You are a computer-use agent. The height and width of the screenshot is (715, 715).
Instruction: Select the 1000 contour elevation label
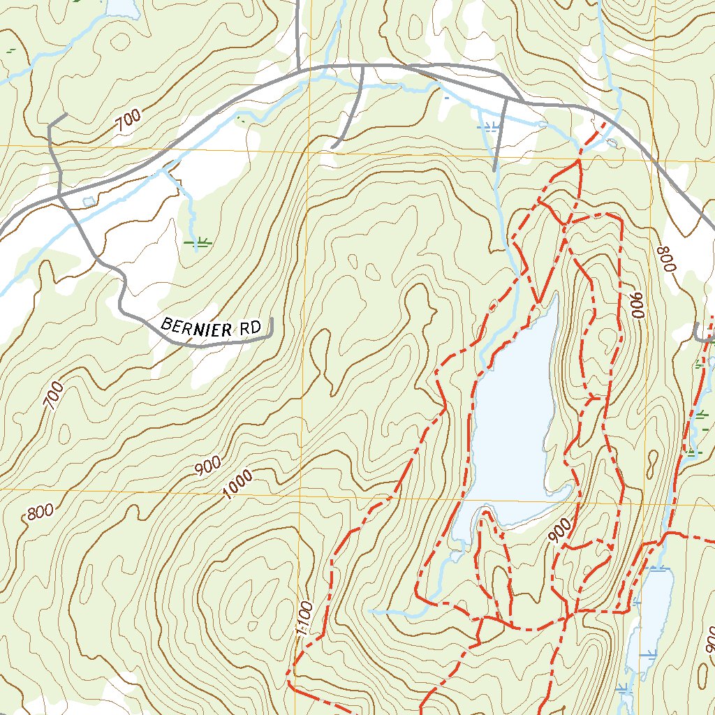237,485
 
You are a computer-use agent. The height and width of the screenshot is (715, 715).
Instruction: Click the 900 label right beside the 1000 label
207,466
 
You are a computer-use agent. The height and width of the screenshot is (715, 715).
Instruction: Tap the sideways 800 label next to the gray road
668,258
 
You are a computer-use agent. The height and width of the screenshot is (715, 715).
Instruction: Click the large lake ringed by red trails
513,419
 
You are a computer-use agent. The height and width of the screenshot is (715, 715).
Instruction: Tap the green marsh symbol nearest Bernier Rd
198,243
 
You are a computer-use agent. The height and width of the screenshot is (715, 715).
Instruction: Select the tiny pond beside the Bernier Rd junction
87,202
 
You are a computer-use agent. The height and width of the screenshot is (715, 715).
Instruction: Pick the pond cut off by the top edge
122,7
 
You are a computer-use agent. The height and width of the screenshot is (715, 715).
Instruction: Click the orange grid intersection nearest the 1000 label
302,492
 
